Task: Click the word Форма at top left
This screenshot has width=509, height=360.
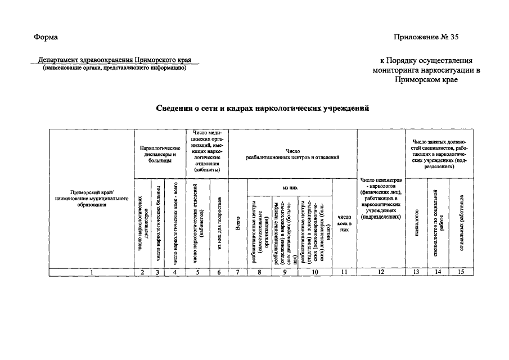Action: click(46, 37)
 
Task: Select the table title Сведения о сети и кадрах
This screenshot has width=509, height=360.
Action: click(262, 108)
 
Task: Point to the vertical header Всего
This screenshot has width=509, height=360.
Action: click(238, 225)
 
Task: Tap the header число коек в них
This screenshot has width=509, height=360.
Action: click(344, 222)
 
